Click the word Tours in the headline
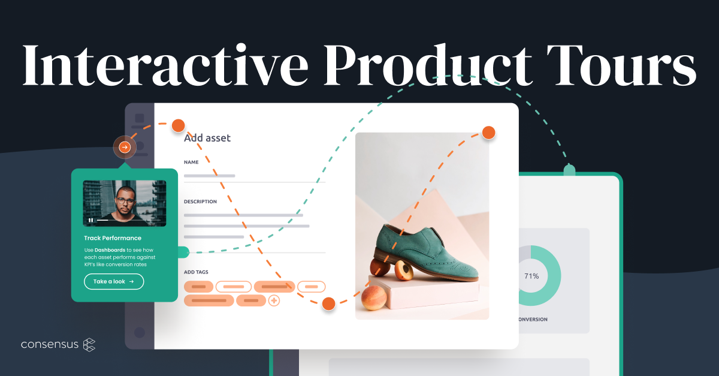[623, 63]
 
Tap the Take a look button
[114, 281]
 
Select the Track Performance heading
[113, 238]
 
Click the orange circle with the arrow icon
[125, 147]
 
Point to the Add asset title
[207, 138]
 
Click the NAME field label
[191, 162]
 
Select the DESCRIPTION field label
[200, 201]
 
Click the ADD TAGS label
[197, 272]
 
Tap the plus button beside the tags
[274, 300]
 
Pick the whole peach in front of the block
[375, 297]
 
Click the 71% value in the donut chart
[531, 276]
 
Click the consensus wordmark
[49, 345]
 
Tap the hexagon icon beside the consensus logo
[89, 345]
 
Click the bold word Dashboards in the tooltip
[110, 249]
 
